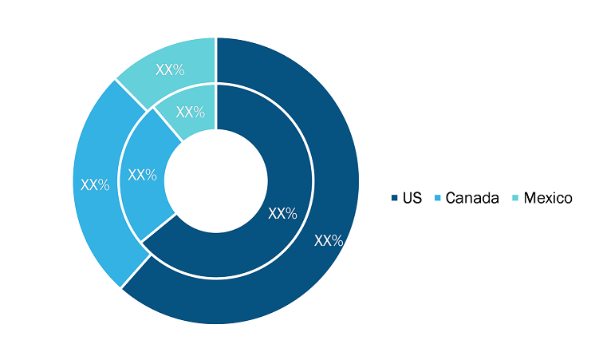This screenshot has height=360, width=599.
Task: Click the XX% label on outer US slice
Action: tap(329, 240)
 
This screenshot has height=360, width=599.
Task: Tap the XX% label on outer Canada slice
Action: tap(95, 185)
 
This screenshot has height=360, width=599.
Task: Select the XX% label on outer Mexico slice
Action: tap(170, 70)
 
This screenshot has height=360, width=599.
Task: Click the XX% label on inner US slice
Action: tap(282, 214)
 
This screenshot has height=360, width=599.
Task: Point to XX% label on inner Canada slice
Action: tap(142, 175)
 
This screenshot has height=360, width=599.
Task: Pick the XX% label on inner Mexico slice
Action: tap(191, 112)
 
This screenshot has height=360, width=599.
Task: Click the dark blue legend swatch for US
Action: tap(395, 198)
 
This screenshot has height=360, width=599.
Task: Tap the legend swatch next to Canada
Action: tap(437, 198)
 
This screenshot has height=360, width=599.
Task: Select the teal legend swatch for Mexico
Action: tap(515, 198)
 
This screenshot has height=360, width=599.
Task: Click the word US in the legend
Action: tap(412, 198)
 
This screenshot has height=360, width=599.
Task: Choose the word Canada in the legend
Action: tap(472, 198)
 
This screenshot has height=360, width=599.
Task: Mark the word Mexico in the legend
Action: tap(548, 198)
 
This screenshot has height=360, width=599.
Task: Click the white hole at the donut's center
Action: tap(216, 180)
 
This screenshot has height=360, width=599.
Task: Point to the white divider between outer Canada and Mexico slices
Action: tap(132, 96)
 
